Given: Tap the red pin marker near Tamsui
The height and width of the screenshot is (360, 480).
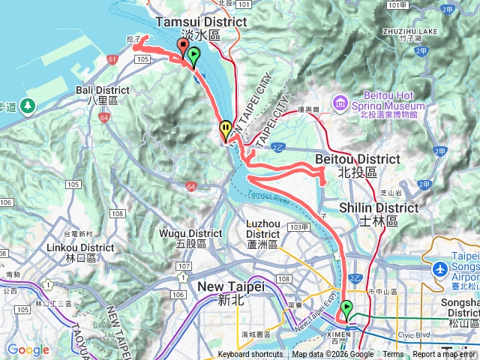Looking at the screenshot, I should pyautogui.click(x=182, y=48).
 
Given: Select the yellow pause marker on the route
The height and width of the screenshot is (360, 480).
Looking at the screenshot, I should pyautogui.click(x=225, y=130).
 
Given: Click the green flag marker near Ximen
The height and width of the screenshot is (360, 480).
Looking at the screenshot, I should pyautogui.click(x=346, y=308).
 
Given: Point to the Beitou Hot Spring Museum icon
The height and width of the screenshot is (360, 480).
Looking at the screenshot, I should pyautogui.click(x=340, y=102).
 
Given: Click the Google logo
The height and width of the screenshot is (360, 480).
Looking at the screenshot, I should pyautogui.click(x=28, y=349).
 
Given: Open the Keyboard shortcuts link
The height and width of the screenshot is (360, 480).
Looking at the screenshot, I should pyautogui.click(x=250, y=355).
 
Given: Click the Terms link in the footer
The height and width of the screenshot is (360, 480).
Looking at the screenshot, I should pyautogui.click(x=393, y=355).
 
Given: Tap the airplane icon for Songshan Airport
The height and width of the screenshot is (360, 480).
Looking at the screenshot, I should pyautogui.click(x=439, y=268).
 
